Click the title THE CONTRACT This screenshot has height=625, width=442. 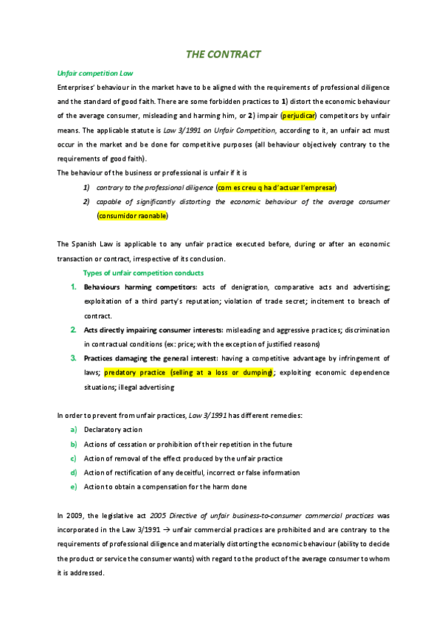click(223, 55)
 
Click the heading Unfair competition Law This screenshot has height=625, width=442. click(94, 74)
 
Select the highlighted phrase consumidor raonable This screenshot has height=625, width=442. click(132, 216)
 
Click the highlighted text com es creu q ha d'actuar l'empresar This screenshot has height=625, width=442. click(277, 187)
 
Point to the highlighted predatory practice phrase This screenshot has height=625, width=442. click(189, 373)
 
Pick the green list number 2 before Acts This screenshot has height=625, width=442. click(74, 329)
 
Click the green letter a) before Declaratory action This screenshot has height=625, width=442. click(74, 430)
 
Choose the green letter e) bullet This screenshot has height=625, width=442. click(74, 487)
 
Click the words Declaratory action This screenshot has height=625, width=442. click(113, 430)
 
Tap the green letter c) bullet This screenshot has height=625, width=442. click(74, 458)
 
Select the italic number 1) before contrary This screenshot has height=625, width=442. click(86, 187)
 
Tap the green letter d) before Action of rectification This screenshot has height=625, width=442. click(74, 472)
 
